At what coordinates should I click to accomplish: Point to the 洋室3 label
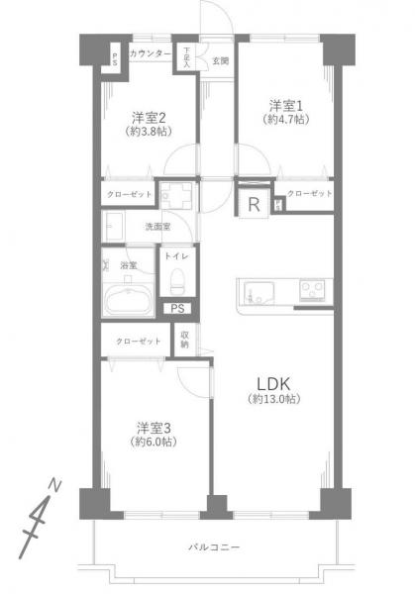coord(154,427)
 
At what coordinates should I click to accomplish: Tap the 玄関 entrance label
coord(220,61)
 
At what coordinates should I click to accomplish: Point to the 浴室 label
coord(128,265)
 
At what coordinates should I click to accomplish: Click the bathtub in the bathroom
coord(126,299)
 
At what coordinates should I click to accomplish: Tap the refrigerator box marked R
coord(255,205)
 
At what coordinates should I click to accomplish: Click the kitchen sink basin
coord(257,293)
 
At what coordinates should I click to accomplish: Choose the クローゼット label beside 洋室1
coord(309,193)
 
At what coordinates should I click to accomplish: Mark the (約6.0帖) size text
coord(154,443)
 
